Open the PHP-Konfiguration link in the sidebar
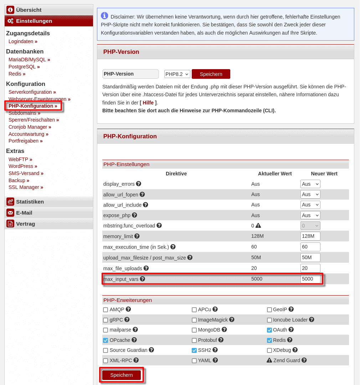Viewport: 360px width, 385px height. (32, 106)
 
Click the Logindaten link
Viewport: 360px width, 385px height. (23, 41)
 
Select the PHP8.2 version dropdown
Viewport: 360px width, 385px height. (177, 74)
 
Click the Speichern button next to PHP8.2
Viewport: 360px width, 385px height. (211, 74)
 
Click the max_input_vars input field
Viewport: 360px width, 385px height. (310, 279)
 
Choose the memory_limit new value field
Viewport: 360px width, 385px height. (310, 236)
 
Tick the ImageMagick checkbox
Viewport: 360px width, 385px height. (194, 320)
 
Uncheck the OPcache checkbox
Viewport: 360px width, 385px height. (106, 340)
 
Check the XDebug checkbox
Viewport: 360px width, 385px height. (269, 350)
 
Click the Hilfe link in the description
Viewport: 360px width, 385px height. (148, 103)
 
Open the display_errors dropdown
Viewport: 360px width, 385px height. (310, 184)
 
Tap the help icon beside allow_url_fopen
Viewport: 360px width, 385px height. (142, 194)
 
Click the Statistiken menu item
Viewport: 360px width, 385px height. (30, 202)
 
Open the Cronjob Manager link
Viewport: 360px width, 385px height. (30, 127)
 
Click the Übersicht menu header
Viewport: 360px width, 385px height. (29, 10)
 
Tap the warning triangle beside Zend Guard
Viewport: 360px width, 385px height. (269, 360)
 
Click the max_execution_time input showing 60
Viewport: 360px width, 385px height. (310, 247)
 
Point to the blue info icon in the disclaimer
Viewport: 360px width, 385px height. (104, 15)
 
